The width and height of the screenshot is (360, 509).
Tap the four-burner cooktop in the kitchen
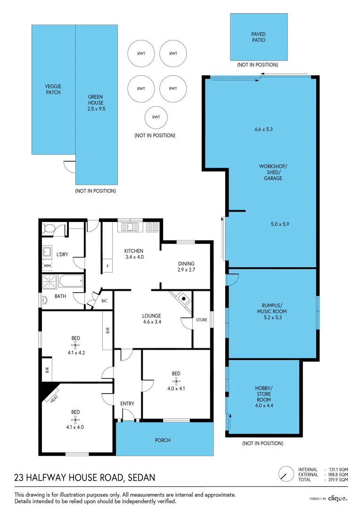152,227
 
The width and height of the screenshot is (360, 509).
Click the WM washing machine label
47,266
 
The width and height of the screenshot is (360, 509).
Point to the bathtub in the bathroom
70,282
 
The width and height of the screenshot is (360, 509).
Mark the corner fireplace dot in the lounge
183,298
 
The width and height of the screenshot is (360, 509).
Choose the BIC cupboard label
104,301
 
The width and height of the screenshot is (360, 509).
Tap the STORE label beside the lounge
201,320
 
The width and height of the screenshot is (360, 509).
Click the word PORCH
163,440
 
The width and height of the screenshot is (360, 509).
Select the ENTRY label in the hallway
127,403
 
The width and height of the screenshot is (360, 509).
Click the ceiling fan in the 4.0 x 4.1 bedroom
175,381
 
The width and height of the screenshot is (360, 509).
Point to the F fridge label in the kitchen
107,266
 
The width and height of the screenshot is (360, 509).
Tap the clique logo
337,498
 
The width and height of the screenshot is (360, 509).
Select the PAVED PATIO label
258,37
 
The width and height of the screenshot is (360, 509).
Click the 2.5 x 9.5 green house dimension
96,108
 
